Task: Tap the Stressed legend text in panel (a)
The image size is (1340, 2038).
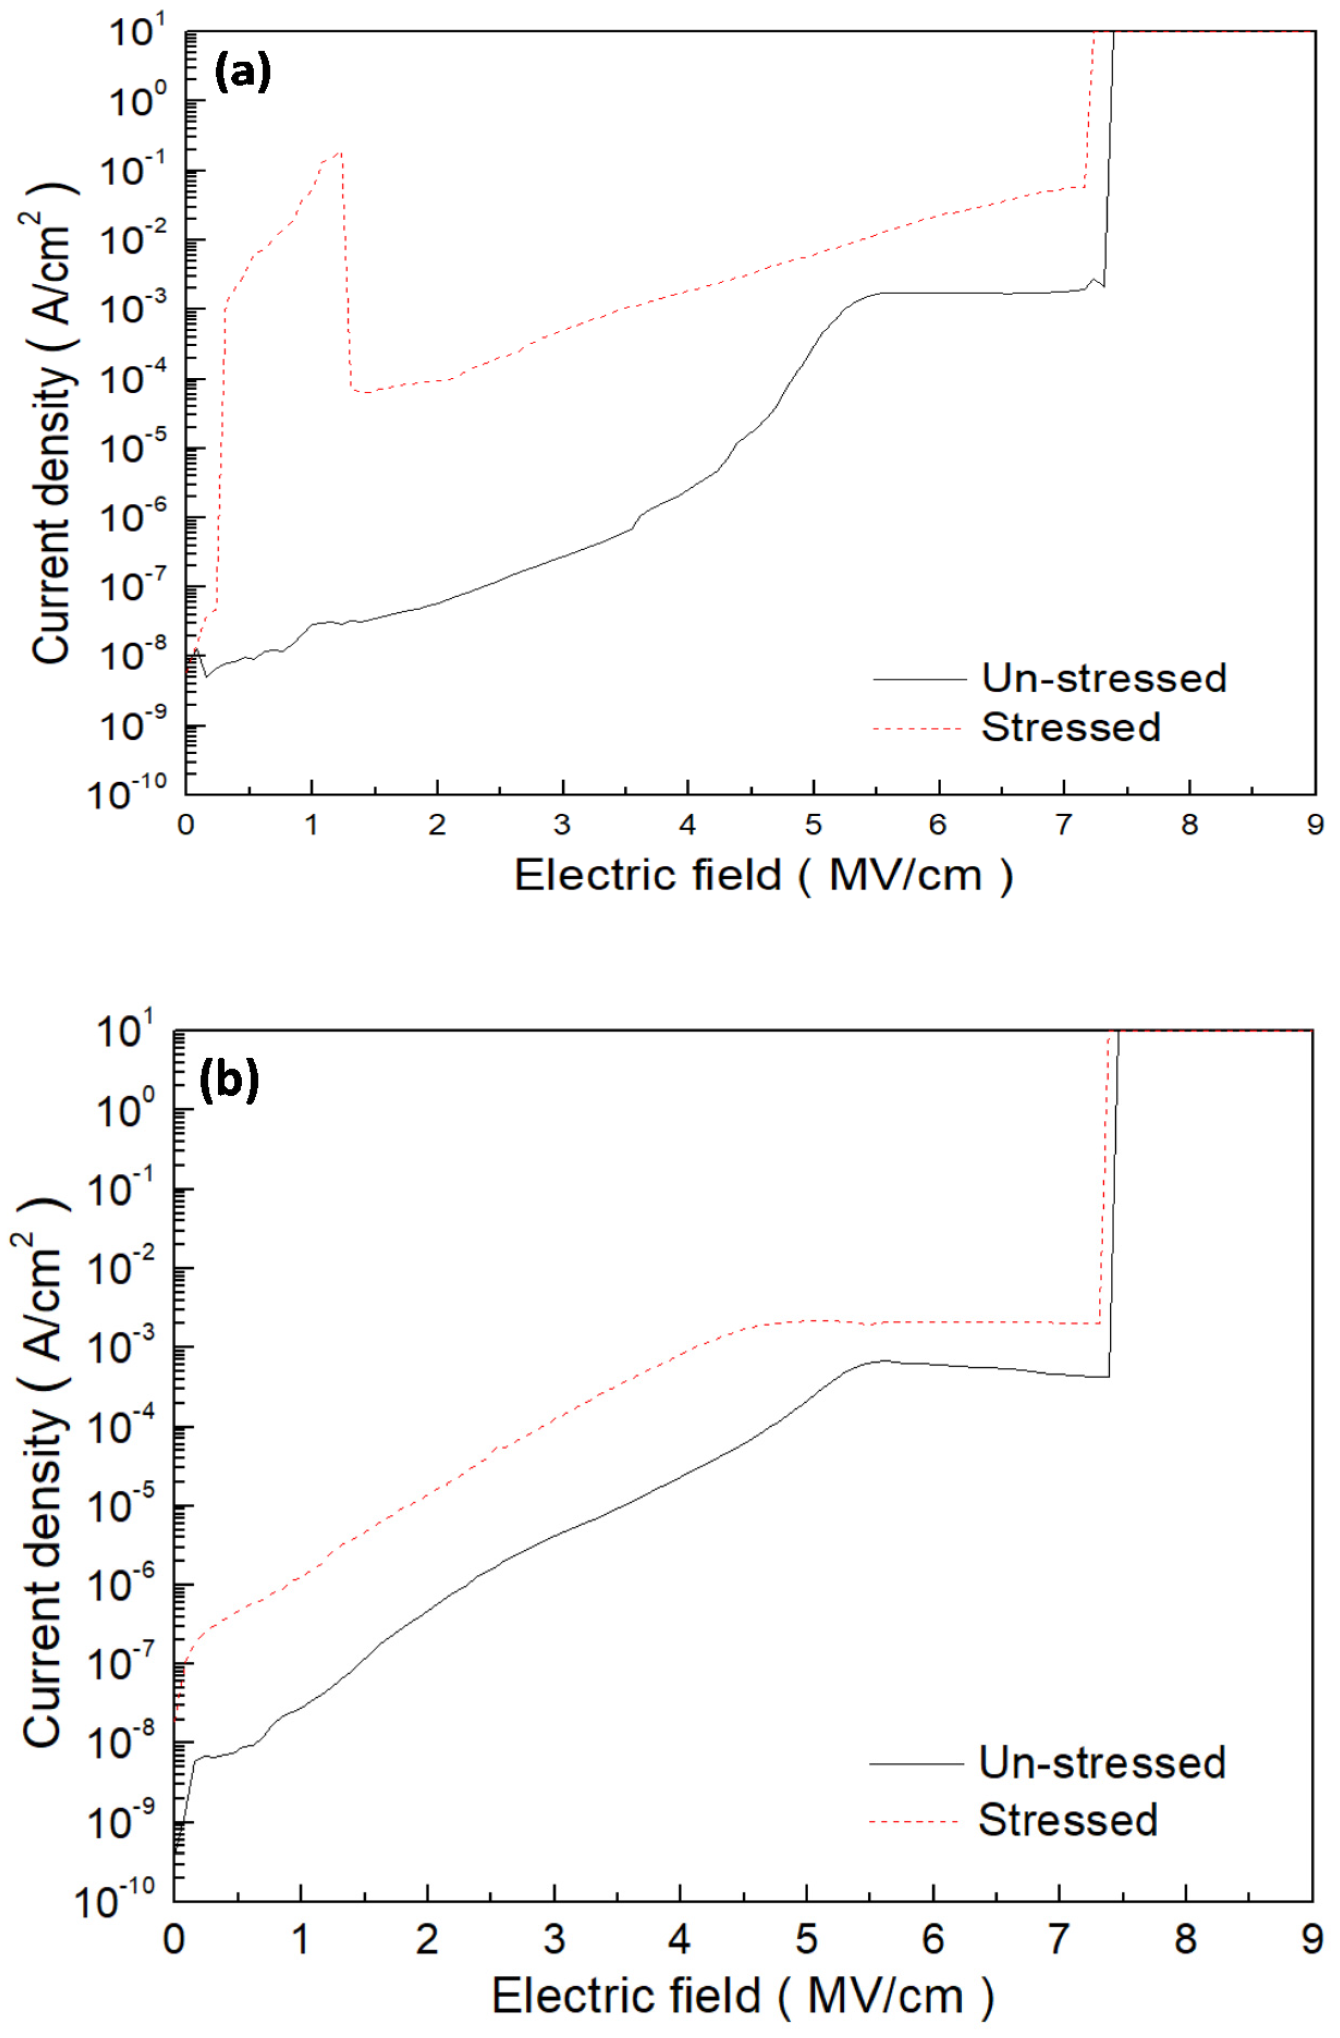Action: click(x=1069, y=727)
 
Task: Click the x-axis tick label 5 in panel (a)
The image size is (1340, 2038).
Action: click(x=813, y=825)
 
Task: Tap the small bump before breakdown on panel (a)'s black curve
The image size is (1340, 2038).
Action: click(x=1095, y=280)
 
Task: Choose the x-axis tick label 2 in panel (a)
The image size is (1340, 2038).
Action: click(x=437, y=825)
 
